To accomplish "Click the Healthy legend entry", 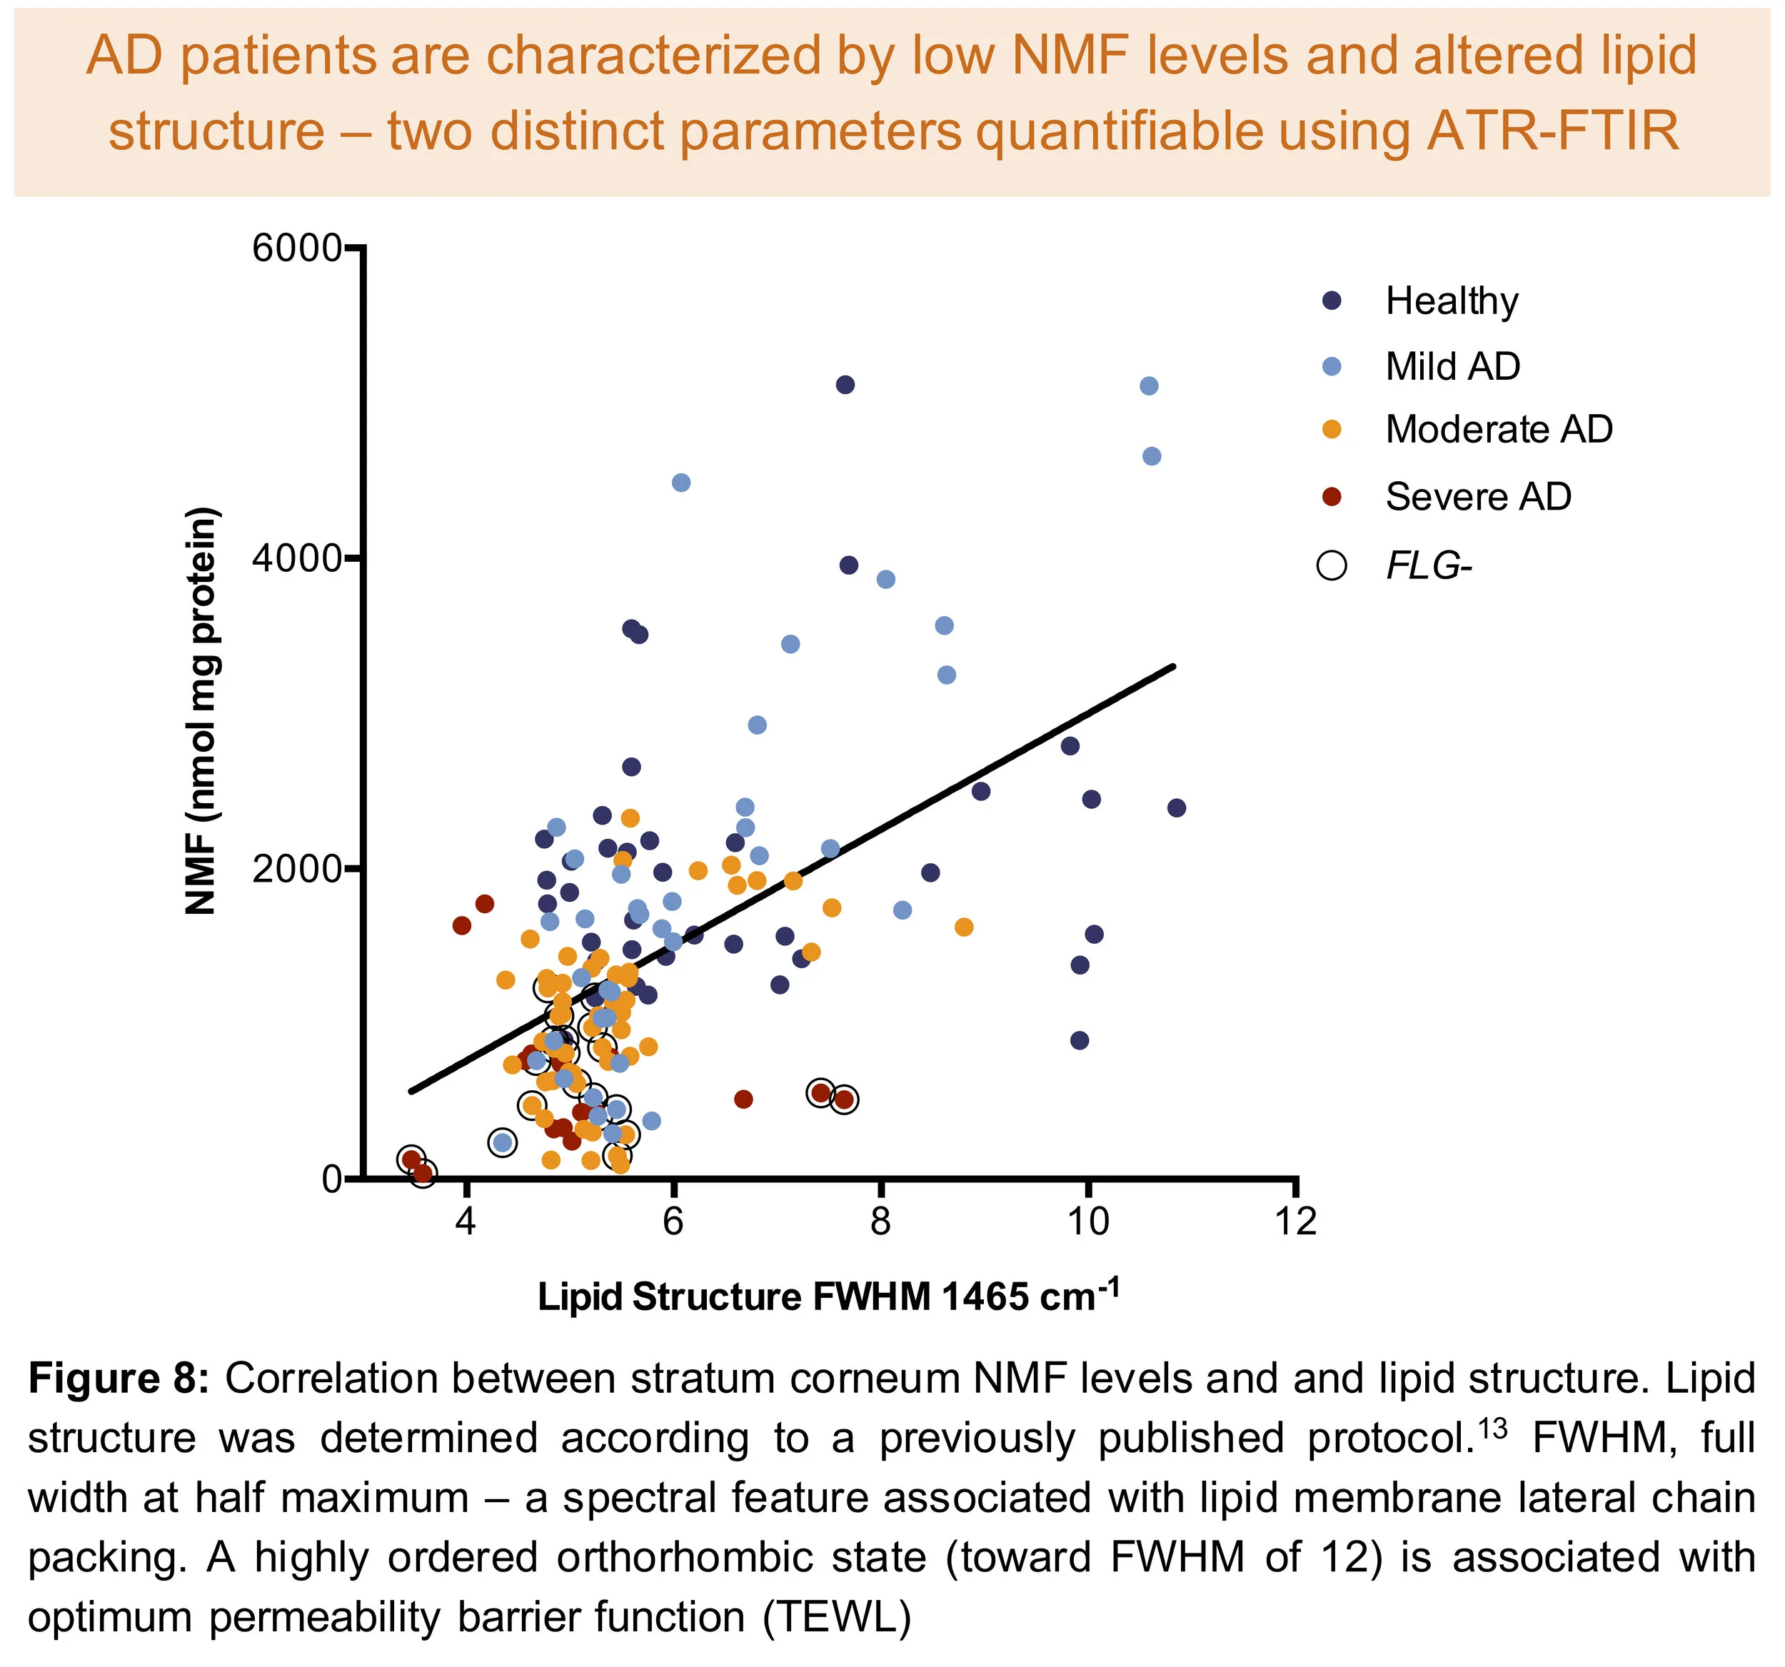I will point(1451,301).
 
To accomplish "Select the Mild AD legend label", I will point(1452,366).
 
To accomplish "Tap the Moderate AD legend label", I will point(1499,429).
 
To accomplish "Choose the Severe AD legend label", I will point(1478,496).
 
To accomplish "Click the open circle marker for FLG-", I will point(1332,565).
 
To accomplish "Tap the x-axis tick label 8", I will point(881,1222).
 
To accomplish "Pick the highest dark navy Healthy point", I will point(845,385).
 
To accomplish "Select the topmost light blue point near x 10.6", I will point(1148,386).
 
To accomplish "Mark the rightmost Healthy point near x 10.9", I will point(1176,808).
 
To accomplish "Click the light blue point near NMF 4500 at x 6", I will point(680,483).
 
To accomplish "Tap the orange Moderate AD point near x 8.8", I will point(963,927).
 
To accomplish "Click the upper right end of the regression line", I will point(1172,666).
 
